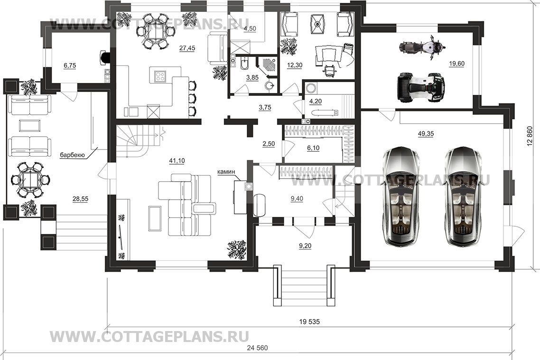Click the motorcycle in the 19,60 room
coord(422,47)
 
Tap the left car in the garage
coord(401,196)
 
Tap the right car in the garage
coord(463,196)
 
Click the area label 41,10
coord(177,160)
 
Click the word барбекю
coord(72,155)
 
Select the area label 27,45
coord(187,48)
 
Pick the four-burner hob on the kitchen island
coord(160,76)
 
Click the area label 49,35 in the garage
coord(426,134)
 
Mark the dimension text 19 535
coord(309,322)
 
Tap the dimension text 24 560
coord(257,348)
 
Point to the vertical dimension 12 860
coord(530,136)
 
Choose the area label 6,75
coord(70,65)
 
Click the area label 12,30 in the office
coord(295,65)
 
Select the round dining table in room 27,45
coord(154,31)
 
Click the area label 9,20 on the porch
coord(305,246)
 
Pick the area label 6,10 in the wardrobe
coord(313,148)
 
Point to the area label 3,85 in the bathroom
coord(252,78)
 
